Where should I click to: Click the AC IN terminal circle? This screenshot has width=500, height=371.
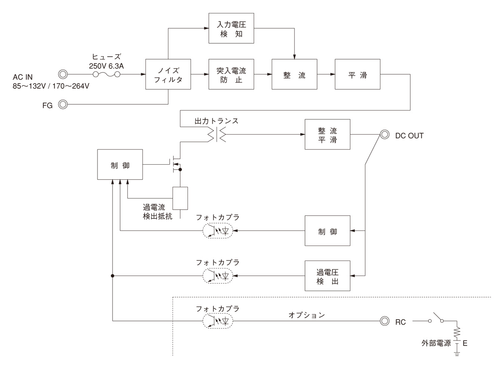click(62, 75)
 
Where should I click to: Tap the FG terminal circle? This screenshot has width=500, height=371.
click(62, 104)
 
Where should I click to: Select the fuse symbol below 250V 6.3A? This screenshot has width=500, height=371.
click(106, 75)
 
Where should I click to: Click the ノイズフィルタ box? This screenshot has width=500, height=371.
click(168, 75)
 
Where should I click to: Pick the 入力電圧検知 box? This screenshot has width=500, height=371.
click(231, 29)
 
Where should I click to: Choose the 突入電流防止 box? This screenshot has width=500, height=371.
click(231, 75)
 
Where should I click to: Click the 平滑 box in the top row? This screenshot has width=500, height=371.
click(357, 75)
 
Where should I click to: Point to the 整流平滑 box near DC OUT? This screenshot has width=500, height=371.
click(327, 135)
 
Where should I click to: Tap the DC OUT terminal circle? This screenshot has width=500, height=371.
click(384, 135)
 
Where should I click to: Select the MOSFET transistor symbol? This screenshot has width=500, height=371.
click(175, 165)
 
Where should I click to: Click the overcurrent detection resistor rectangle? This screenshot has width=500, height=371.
click(180, 198)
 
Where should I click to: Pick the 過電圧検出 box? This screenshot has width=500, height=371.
click(327, 276)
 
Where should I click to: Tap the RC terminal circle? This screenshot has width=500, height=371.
click(384, 321)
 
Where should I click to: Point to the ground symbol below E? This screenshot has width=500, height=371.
click(457, 354)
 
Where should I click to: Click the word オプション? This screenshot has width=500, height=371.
click(306, 315)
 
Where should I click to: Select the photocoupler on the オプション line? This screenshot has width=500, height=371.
click(217, 321)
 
